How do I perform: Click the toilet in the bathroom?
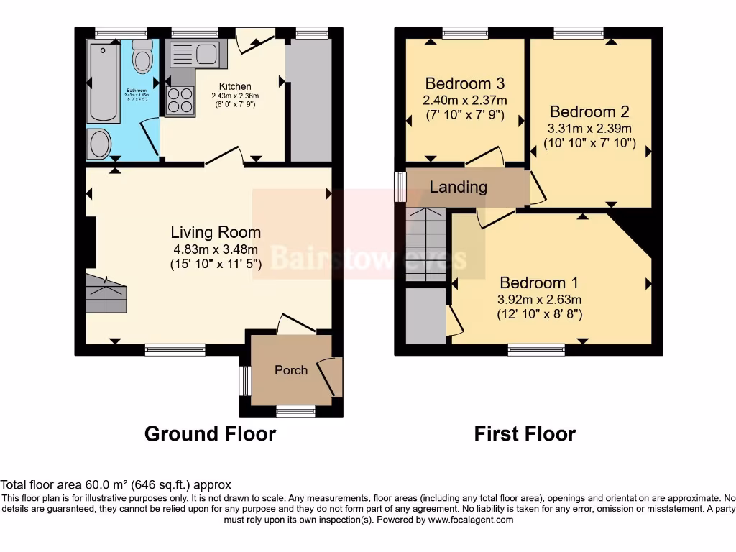click(143, 56)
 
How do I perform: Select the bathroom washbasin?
click(99, 143)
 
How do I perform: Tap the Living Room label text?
click(216, 232)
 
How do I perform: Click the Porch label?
click(291, 370)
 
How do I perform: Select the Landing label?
click(458, 187)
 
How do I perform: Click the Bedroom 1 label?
click(539, 282)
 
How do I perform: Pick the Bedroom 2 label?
click(589, 111)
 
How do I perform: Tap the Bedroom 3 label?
click(464, 83)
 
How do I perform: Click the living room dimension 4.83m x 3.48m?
click(216, 249)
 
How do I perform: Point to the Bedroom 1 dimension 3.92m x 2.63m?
click(539, 300)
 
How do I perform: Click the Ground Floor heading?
click(210, 434)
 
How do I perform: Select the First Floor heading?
click(525, 434)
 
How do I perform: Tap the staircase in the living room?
click(106, 293)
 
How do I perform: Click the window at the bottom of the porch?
click(295, 410)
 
